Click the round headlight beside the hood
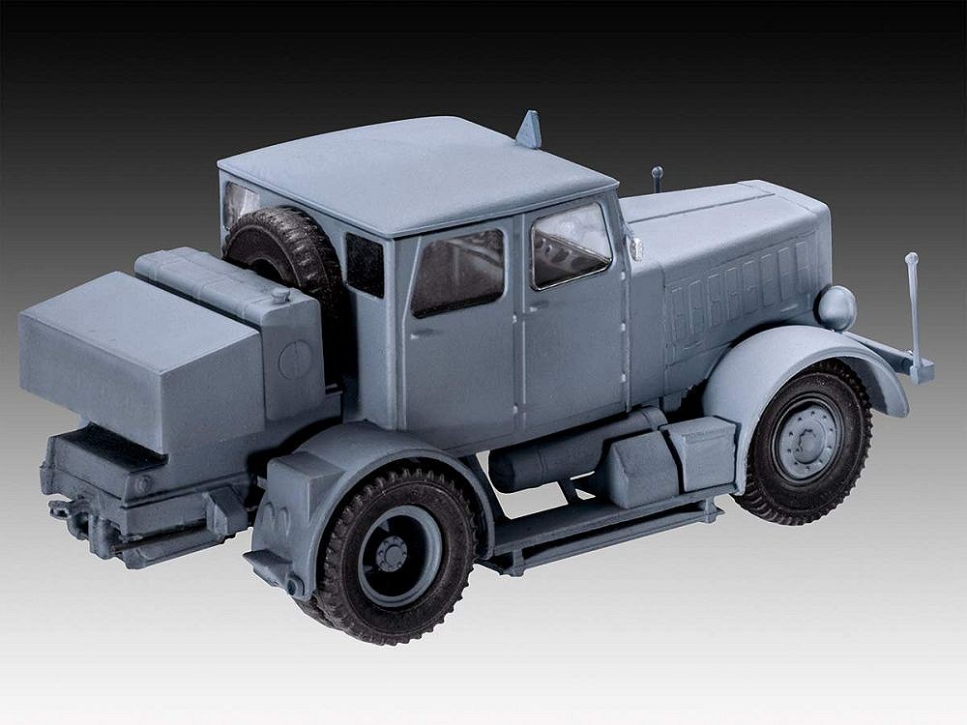coord(835,307)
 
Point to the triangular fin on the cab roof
coord(530,130)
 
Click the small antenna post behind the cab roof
coord(658,178)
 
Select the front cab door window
coord(571,244)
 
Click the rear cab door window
coord(457,272)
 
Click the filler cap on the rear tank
coord(279,292)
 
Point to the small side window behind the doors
coord(365,264)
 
